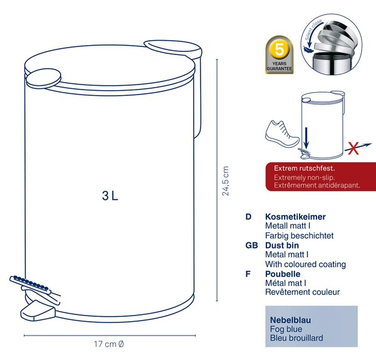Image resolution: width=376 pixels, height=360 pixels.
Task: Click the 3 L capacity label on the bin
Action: click(110, 196)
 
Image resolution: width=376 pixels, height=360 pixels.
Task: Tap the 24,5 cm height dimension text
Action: click(226, 181)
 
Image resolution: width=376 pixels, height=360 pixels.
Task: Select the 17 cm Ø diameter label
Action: click(109, 344)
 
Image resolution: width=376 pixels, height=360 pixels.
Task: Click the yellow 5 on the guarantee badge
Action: click(279, 50)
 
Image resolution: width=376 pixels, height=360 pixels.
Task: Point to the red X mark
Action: click(353, 148)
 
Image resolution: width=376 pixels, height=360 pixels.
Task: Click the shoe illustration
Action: click(283, 134)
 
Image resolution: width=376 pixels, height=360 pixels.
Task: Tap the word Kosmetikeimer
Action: click(295, 217)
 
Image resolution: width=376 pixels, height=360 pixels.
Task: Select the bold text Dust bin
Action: click(282, 245)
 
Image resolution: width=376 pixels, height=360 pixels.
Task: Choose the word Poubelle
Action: click(283, 274)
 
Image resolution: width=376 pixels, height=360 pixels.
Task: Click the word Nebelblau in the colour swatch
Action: click(290, 320)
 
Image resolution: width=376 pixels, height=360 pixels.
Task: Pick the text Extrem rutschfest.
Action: click(305, 168)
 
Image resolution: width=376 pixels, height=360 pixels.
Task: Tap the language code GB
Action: click(251, 245)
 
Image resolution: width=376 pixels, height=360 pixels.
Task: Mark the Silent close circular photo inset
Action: click(332, 44)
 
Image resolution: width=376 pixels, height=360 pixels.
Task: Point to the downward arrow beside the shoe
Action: click(306, 138)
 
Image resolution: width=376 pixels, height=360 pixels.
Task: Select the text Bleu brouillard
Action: click(296, 338)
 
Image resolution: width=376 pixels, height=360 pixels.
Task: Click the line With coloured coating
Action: click(306, 264)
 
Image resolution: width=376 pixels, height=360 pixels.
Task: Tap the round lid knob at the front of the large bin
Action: click(43, 78)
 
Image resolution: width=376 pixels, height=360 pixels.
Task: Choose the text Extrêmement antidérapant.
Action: click(317, 185)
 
